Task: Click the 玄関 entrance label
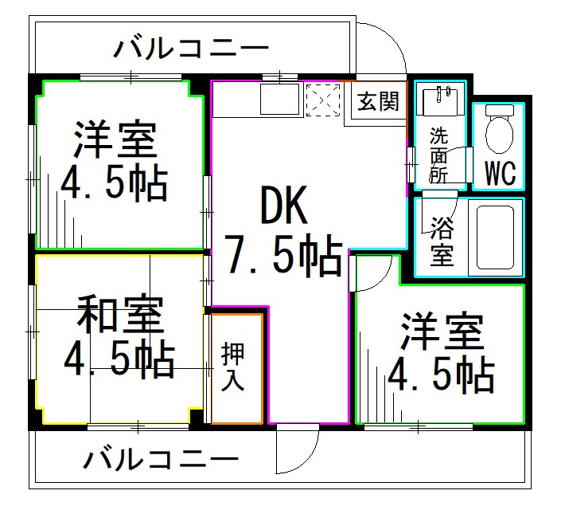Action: point(378,102)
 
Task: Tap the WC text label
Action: point(499,171)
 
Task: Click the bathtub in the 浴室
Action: point(494,237)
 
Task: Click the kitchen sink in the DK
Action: point(280,100)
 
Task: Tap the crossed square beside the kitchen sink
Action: point(323,100)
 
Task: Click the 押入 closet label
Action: point(233,367)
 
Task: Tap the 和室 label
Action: point(120,315)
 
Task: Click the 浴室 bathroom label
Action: point(442,239)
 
